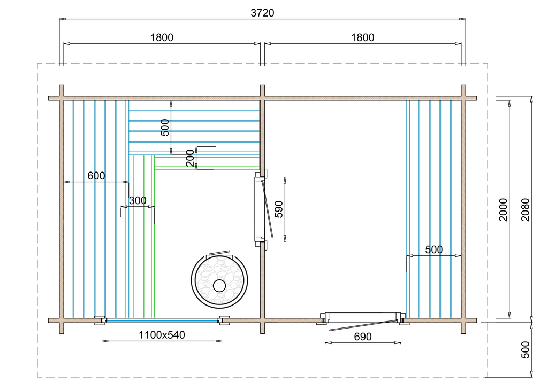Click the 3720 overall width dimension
262,13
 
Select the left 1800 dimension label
162,38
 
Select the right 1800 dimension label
362,38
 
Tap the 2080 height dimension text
526,209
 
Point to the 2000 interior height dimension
503,209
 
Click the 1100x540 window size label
162,335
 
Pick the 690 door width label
362,337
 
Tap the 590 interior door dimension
278,209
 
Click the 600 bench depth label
96,176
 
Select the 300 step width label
138,200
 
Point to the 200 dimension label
190,158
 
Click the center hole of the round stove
219,286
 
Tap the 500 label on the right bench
433,250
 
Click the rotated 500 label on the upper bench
165,128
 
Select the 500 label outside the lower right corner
526,350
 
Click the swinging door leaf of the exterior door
363,325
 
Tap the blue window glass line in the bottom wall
162,320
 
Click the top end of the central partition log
262,86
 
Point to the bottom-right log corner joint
463,320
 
